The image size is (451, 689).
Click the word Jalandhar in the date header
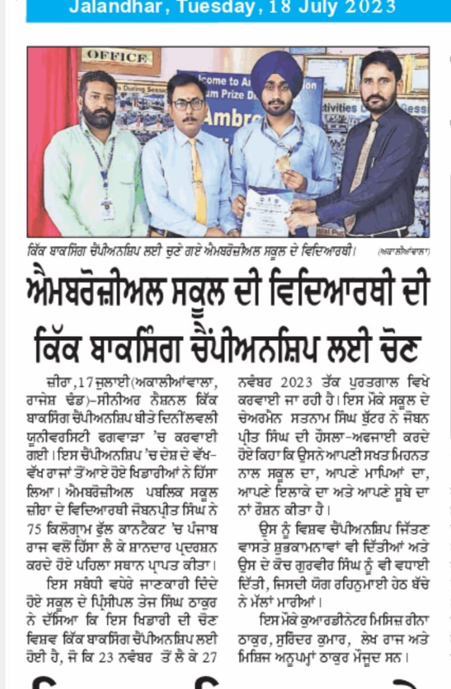pos(110,7)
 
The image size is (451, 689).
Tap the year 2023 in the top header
pos(368,7)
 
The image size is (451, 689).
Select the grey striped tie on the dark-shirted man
pos(362,173)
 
